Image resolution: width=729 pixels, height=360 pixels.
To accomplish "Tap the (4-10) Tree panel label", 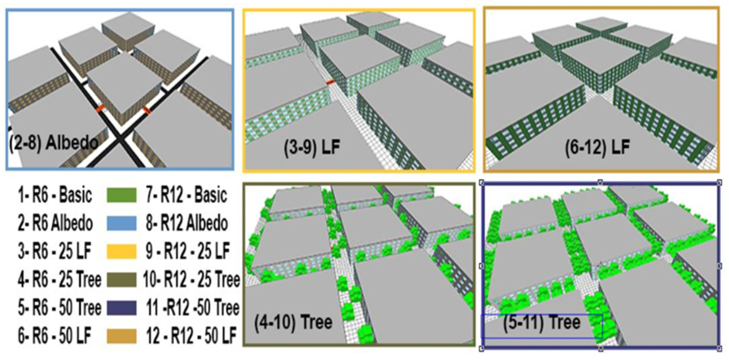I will (293, 322).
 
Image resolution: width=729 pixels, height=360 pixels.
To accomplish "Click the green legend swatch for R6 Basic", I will (121, 196).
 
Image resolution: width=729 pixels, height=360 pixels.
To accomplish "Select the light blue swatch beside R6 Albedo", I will (121, 223).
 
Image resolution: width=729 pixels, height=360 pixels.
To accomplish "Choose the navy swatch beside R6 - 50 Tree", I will (121, 308).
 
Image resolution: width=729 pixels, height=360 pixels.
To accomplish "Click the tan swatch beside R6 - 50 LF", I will (121, 336).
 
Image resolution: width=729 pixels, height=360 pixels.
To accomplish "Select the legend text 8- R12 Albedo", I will (187, 223).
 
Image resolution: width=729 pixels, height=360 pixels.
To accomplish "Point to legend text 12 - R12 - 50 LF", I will (191, 336).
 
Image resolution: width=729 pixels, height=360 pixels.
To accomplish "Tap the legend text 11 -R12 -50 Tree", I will (193, 308).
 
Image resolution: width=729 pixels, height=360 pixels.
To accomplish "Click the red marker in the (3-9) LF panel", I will (330, 82).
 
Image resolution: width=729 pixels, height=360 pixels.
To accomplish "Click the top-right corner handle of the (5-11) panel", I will (720, 183).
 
